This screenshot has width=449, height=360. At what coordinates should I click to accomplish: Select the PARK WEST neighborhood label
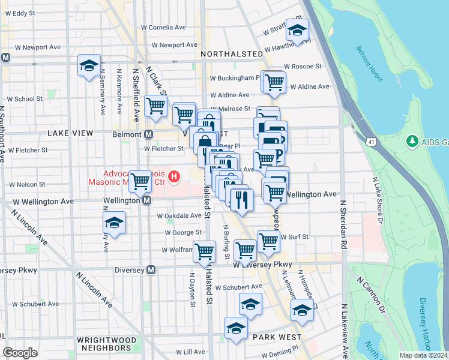[x=277, y=337]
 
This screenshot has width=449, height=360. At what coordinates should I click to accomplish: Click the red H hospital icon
[x=174, y=176]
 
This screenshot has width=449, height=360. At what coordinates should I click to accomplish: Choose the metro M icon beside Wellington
[x=146, y=201]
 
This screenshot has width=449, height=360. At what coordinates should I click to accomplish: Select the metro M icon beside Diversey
[x=151, y=270]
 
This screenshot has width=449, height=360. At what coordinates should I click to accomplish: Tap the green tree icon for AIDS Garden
[x=412, y=141]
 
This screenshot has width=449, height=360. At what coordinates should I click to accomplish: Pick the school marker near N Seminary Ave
[x=89, y=65]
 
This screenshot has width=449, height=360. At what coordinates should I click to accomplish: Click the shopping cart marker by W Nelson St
[x=140, y=181]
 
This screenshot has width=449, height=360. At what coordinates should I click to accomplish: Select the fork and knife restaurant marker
[x=242, y=199]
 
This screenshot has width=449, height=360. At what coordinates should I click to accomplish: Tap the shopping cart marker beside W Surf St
[x=268, y=241]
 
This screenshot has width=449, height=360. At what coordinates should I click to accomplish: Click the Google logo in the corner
[x=20, y=353]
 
